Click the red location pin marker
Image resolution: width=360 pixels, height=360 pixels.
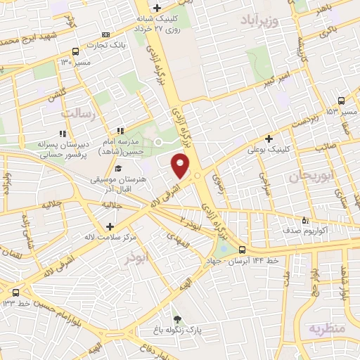(x=181, y=165)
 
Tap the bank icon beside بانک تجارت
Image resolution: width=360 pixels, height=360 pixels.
(x=106, y=34)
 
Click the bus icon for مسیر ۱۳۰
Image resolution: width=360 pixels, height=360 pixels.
(x=75, y=51)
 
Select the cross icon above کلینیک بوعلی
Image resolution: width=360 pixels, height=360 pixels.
(x=269, y=139)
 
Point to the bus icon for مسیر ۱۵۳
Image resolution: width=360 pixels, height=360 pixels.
(x=341, y=101)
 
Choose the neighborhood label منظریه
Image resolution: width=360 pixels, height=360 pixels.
(x=327, y=328)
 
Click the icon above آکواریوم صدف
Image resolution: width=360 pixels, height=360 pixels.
(x=305, y=219)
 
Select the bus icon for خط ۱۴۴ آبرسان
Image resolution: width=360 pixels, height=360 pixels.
(x=242, y=250)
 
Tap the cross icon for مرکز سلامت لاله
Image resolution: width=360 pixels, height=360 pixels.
(x=109, y=226)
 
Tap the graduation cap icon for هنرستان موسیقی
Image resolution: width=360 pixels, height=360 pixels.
(x=118, y=169)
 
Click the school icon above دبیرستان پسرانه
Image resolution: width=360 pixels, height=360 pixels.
(x=63, y=132)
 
